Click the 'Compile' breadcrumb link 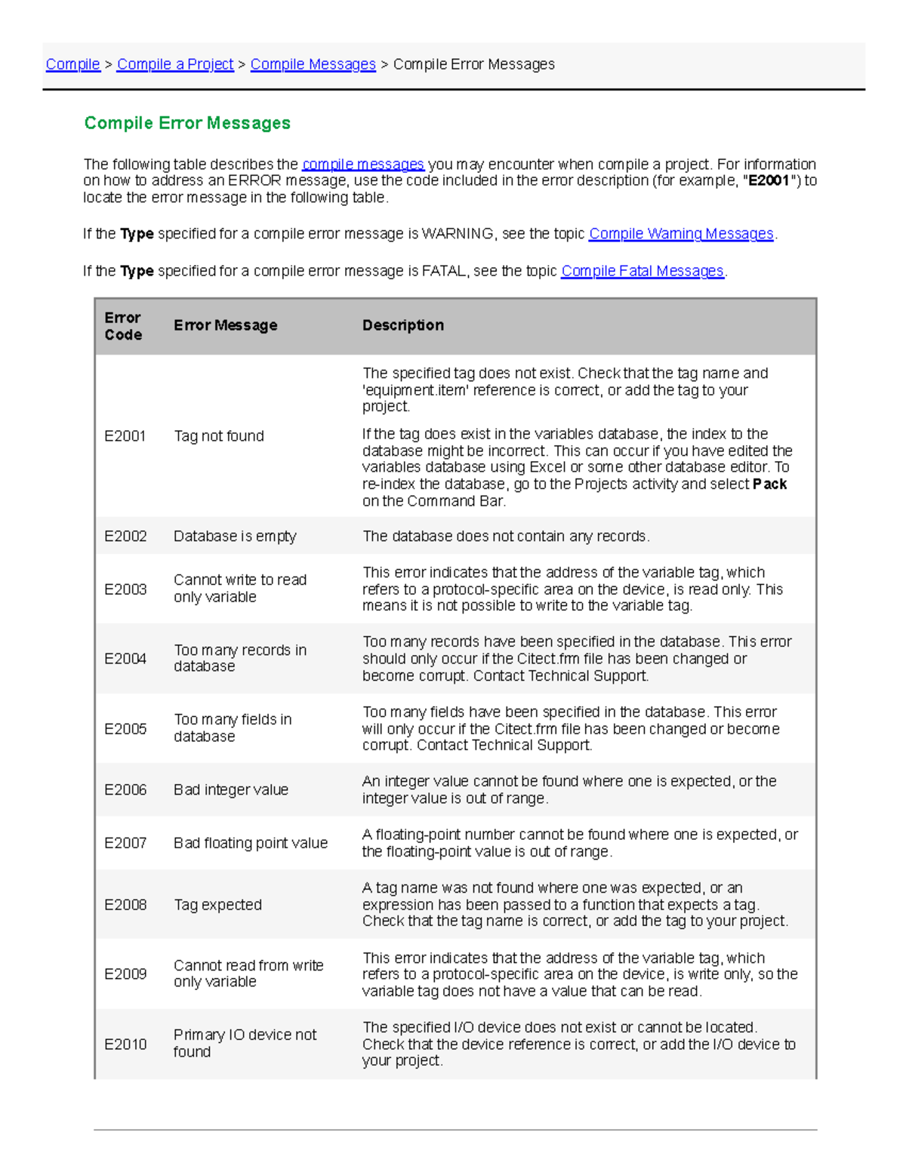pyautogui.click(x=72, y=64)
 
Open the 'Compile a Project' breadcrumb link pyautogui.click(x=175, y=64)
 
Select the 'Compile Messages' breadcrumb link pyautogui.click(x=313, y=64)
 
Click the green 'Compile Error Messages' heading pyautogui.click(x=187, y=123)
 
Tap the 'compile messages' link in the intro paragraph pyautogui.click(x=363, y=165)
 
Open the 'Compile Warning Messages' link pyautogui.click(x=681, y=234)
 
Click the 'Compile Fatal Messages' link pyautogui.click(x=642, y=271)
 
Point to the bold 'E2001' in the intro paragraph pyautogui.click(x=769, y=181)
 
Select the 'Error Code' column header pyautogui.click(x=123, y=326)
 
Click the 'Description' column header pyautogui.click(x=402, y=325)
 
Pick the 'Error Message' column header pyautogui.click(x=225, y=325)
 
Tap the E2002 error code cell pyautogui.click(x=125, y=537)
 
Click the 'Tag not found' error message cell pyautogui.click(x=219, y=436)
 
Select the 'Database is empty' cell pyautogui.click(x=235, y=537)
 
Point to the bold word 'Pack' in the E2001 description pyautogui.click(x=769, y=484)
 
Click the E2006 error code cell pyautogui.click(x=125, y=790)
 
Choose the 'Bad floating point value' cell pyautogui.click(x=251, y=843)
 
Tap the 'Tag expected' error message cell pyautogui.click(x=217, y=905)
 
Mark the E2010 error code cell pyautogui.click(x=125, y=1044)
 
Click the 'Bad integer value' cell pyautogui.click(x=231, y=790)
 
